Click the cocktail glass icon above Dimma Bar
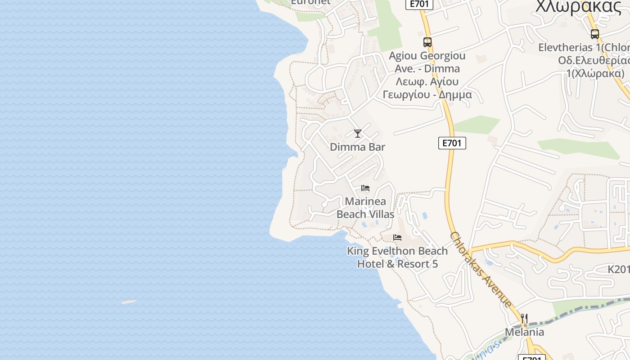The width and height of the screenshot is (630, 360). pyautogui.click(x=358, y=134)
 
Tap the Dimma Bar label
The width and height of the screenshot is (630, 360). pyautogui.click(x=358, y=147)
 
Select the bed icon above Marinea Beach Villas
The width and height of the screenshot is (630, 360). pyautogui.click(x=365, y=188)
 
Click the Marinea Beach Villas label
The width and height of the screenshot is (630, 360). pyautogui.click(x=365, y=208)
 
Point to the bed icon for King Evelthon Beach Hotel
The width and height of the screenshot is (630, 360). pyautogui.click(x=397, y=238)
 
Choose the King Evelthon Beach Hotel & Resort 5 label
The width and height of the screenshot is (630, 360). pyautogui.click(x=397, y=257)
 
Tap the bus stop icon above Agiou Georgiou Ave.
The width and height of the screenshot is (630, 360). pyautogui.click(x=427, y=42)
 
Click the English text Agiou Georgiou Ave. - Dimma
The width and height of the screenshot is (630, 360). pyautogui.click(x=427, y=62)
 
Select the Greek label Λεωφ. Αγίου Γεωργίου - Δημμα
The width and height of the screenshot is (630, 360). pyautogui.click(x=427, y=88)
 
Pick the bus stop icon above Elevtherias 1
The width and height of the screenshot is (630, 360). pyautogui.click(x=595, y=34)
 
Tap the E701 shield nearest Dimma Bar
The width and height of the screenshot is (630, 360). pyautogui.click(x=452, y=143)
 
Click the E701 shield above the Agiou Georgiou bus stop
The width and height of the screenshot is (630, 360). pyautogui.click(x=419, y=4)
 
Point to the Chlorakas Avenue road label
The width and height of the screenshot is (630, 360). pyautogui.click(x=481, y=270)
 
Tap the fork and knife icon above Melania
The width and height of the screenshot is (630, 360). pyautogui.click(x=524, y=319)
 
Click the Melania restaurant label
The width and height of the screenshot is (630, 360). pyautogui.click(x=524, y=333)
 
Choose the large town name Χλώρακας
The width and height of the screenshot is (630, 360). pyautogui.click(x=579, y=7)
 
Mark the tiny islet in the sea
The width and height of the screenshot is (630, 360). pyautogui.click(x=129, y=302)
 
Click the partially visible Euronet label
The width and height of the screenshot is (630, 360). pyautogui.click(x=310, y=2)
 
